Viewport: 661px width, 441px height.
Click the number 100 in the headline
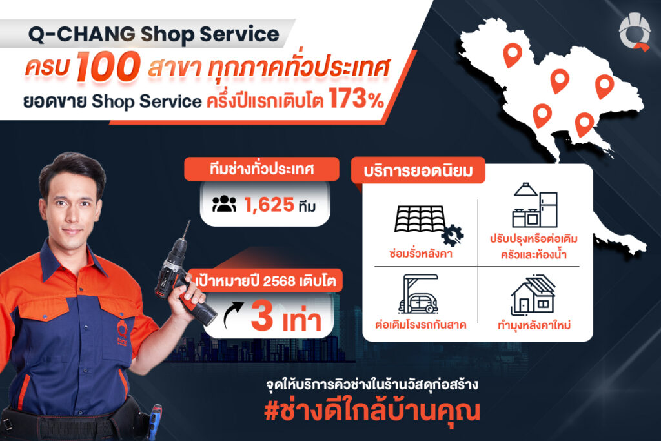108,67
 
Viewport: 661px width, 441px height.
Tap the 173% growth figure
356,99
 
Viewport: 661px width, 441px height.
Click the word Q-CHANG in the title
81,34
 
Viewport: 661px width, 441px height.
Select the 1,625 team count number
269,205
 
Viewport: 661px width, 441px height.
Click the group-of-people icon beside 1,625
224,204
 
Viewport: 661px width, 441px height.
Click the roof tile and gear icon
428,224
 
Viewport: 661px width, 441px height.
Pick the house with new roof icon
533,295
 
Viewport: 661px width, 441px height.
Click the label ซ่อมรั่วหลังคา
420,254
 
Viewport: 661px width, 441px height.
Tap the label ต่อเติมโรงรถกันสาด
420,325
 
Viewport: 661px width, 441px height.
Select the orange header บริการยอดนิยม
418,170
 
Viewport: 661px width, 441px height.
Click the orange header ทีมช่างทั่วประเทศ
262,169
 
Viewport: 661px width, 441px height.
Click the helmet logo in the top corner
634,32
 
